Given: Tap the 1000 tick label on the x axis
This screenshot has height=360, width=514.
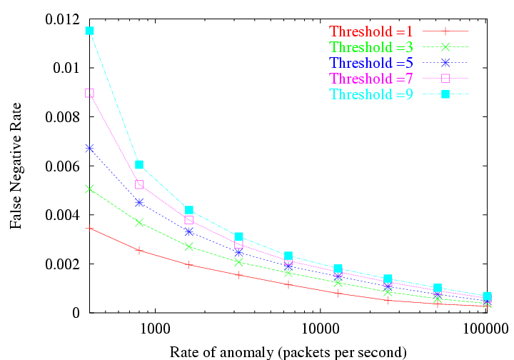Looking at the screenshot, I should (x=154, y=330).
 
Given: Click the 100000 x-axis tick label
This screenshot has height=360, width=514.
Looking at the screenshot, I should (x=485, y=330).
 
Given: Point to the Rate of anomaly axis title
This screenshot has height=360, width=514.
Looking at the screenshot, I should (x=288, y=351).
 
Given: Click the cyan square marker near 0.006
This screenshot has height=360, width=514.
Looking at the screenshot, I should (x=139, y=164).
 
